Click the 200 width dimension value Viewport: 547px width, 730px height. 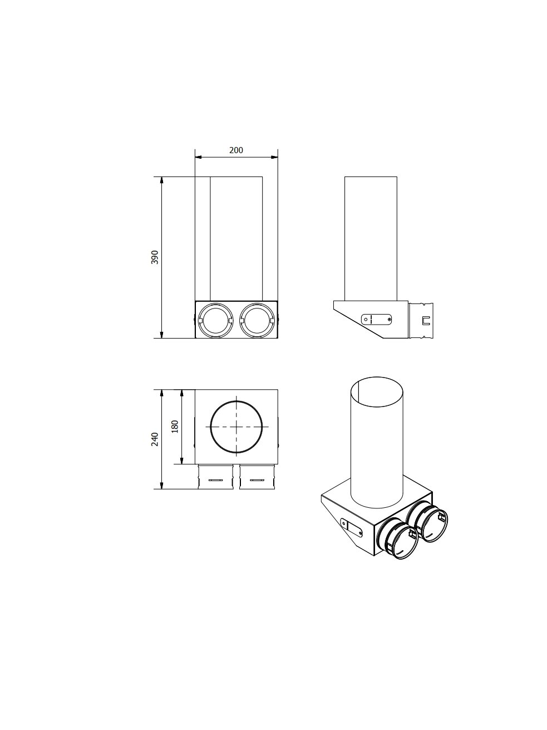(236, 150)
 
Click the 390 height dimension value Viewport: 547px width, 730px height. (155, 257)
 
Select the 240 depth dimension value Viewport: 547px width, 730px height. (155, 439)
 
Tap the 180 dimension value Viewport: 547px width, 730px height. (175, 427)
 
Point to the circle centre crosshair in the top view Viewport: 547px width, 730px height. (236, 427)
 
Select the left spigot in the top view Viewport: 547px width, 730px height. (216, 477)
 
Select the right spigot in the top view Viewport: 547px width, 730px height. (257, 477)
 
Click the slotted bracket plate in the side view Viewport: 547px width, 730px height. (377, 319)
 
